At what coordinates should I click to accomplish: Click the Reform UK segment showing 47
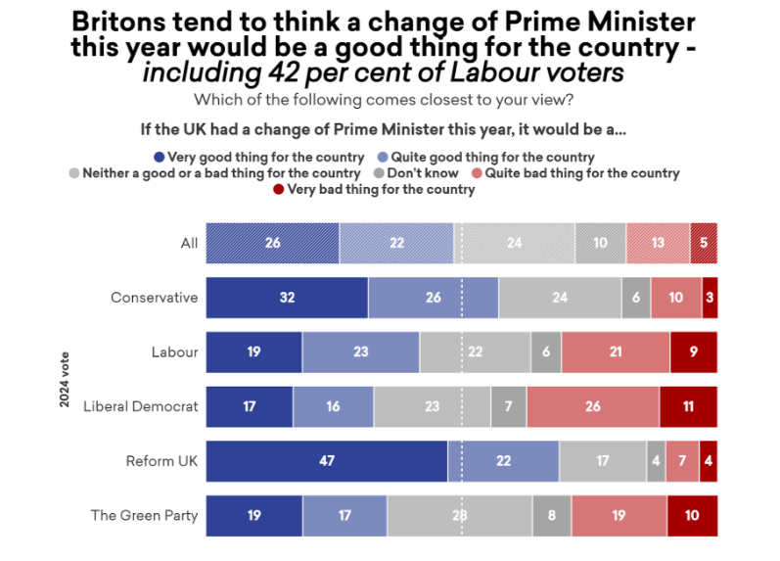click(327, 460)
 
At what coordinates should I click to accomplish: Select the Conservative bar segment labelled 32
click(287, 298)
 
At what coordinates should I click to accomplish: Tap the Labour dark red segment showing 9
click(694, 352)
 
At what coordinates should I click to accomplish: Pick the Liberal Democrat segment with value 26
click(592, 406)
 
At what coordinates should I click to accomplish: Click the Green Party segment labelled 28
click(459, 515)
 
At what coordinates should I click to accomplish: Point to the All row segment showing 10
click(600, 243)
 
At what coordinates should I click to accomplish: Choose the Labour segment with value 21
click(616, 352)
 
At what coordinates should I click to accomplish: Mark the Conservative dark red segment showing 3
click(710, 298)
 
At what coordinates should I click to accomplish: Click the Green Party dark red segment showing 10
click(692, 515)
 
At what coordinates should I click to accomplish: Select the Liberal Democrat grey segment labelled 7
click(508, 406)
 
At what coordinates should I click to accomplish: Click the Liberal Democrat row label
click(141, 406)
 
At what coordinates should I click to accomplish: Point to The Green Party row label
click(144, 515)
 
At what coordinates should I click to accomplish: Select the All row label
click(189, 243)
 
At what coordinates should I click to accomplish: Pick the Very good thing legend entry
click(259, 157)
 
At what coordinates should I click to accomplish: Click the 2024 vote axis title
click(65, 379)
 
